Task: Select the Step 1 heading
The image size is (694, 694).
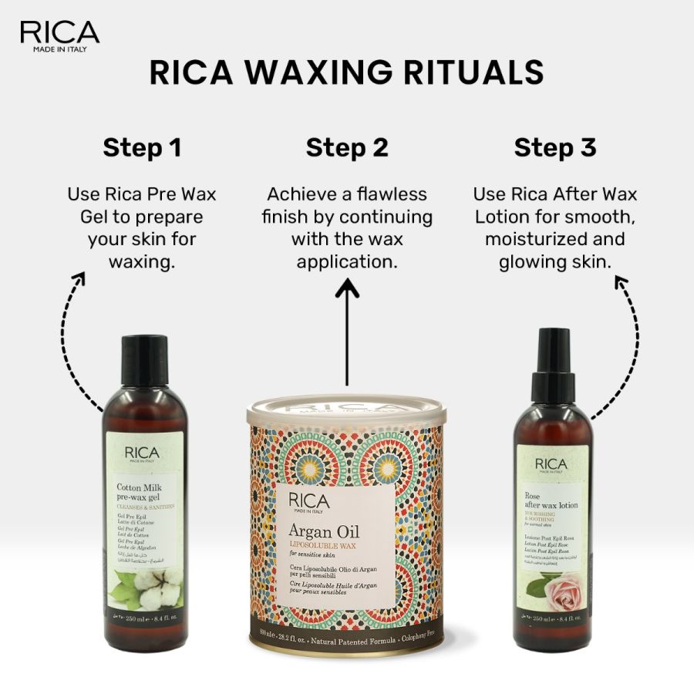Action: [x=142, y=147]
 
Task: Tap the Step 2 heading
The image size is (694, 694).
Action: [x=347, y=147]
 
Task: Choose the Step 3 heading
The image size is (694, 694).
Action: [x=555, y=147]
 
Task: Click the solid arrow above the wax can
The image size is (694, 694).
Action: [x=348, y=332]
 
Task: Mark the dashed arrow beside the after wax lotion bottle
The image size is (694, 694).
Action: [x=626, y=339]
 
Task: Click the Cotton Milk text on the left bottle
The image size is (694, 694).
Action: [x=138, y=487]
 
